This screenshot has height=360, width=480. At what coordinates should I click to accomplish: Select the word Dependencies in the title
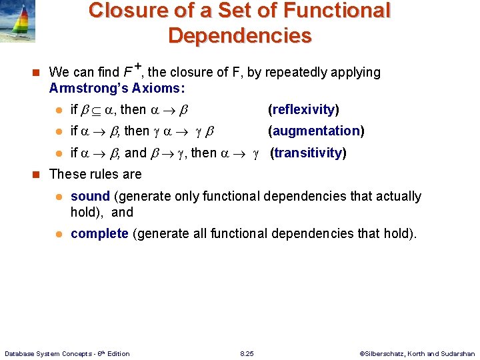(239, 35)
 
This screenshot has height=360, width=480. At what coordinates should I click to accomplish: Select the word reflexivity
(303, 109)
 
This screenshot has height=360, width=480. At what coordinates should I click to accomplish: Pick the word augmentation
(316, 131)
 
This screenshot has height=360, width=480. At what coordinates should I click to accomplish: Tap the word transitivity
(308, 153)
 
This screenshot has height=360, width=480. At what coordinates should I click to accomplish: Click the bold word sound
(90, 196)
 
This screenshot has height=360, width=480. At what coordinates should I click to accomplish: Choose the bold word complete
(99, 233)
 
